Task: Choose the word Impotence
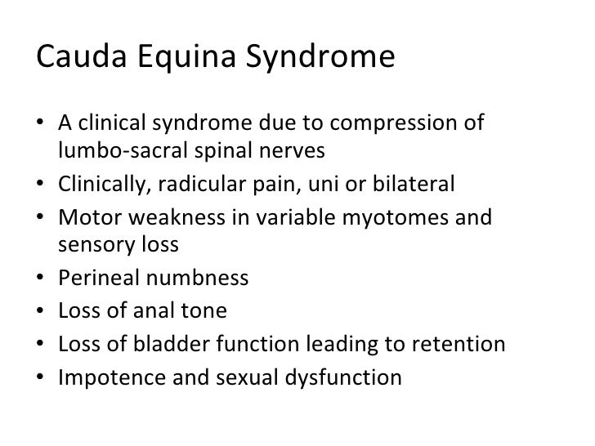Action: coord(105,378)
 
